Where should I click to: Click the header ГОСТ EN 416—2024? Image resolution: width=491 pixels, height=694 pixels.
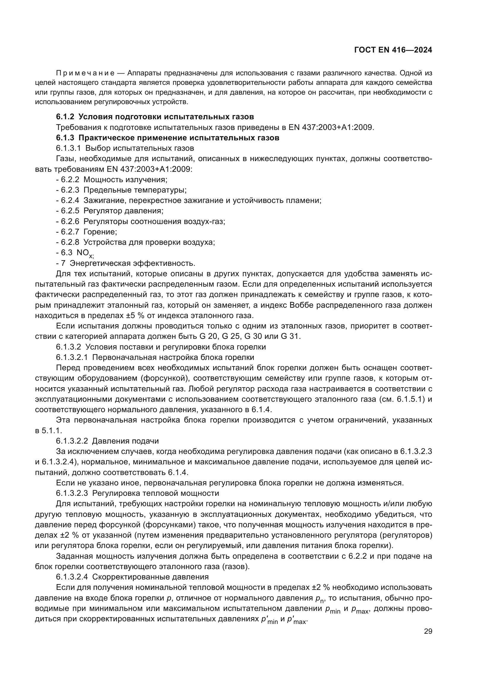click(393, 50)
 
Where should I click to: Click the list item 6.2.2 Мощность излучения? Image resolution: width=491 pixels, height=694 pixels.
click(112, 180)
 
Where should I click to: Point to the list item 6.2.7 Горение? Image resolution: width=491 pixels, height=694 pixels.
click(87, 232)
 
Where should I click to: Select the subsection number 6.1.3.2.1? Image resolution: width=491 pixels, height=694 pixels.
click(72, 357)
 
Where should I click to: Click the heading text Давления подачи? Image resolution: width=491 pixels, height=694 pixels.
click(125, 441)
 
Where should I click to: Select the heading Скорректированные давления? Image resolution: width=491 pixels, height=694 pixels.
click(150, 577)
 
